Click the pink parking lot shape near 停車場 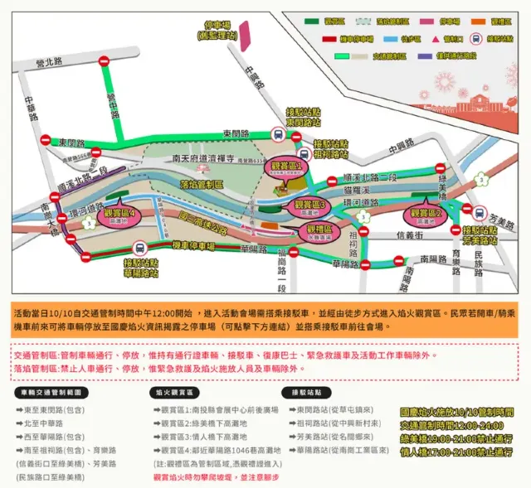(x=246, y=33)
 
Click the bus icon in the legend (x=476, y=37)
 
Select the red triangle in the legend (x=451, y=38)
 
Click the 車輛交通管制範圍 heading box (x=52, y=389)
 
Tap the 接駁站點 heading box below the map (x=307, y=389)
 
